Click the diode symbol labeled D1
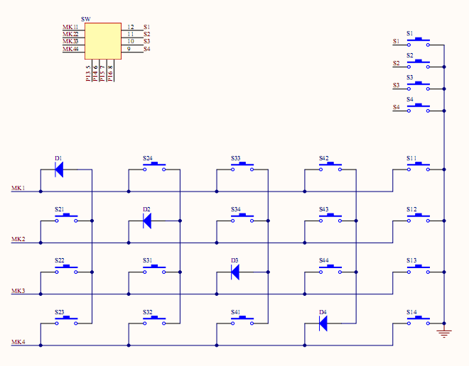coord(59,170)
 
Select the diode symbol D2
coord(147,221)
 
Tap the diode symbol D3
coord(235,272)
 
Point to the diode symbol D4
coord(323,323)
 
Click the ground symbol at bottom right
coord(443,333)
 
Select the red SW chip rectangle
coord(103,41)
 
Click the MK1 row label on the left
coord(18,188)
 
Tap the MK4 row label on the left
coord(18,343)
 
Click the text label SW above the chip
coord(86,18)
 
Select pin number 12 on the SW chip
coord(131,27)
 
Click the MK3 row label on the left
coord(18,291)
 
